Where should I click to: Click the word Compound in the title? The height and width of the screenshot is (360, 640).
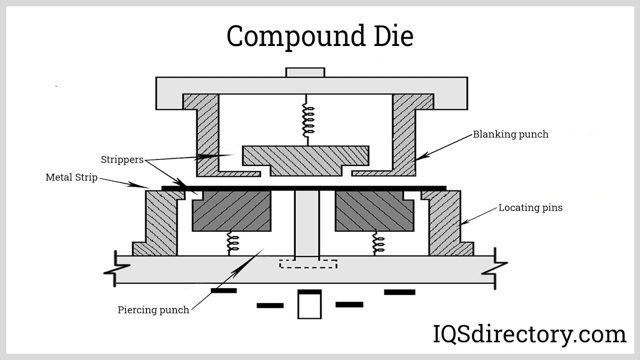(x=296, y=36)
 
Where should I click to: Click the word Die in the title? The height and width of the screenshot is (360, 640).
(x=393, y=36)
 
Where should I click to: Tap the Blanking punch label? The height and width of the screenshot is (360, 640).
(x=510, y=134)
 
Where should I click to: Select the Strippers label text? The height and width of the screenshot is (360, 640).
(x=122, y=160)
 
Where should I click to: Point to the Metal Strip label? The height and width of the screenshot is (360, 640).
(x=72, y=177)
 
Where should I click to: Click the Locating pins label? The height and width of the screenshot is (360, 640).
(x=530, y=208)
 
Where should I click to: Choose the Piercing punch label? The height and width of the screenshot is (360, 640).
(x=153, y=310)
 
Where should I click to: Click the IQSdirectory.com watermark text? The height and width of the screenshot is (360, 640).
(x=530, y=334)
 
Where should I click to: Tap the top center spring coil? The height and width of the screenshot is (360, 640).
(x=308, y=119)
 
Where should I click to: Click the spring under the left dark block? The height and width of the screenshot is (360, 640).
(x=232, y=242)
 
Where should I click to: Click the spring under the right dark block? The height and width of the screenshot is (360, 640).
(x=378, y=242)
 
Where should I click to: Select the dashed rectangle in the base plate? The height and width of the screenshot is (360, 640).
(x=308, y=264)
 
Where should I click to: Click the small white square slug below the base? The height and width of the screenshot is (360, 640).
(x=309, y=306)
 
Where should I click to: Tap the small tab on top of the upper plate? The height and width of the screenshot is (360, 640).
(x=305, y=72)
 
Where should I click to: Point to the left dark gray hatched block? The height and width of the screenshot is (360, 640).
(x=232, y=211)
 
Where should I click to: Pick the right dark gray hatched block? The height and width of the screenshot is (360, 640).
(x=374, y=211)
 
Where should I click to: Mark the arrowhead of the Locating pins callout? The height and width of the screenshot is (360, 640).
(x=463, y=223)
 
